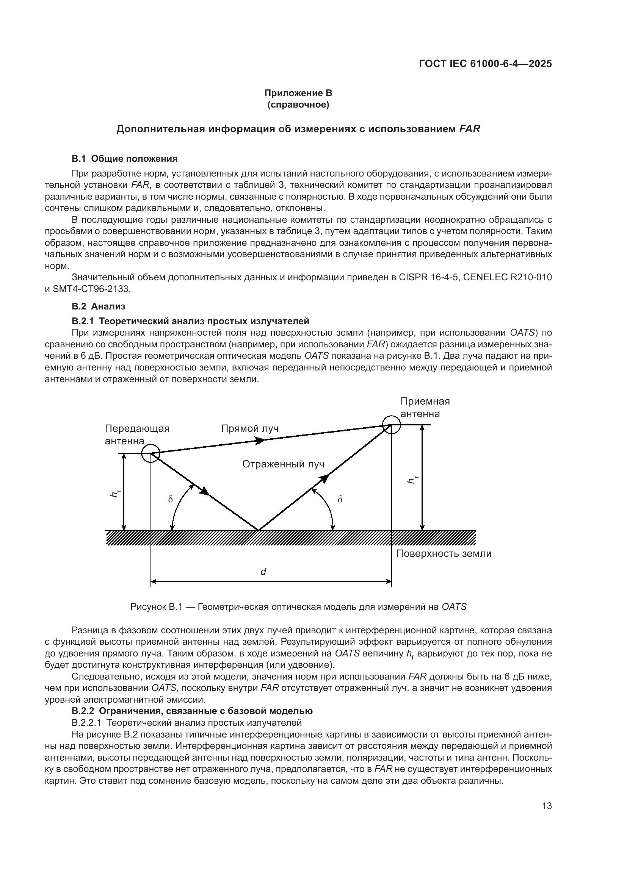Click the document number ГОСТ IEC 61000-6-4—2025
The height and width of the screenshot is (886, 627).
(485, 64)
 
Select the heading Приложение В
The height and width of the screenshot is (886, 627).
(298, 93)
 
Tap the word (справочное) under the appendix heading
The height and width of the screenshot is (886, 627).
(298, 105)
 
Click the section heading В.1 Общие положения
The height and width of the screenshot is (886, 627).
(124, 159)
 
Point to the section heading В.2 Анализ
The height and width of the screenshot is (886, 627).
(99, 306)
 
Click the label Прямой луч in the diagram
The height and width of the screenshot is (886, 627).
(250, 429)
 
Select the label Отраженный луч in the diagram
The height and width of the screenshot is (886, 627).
(284, 464)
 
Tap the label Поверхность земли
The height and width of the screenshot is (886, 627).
(444, 554)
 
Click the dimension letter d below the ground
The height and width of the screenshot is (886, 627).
(263, 572)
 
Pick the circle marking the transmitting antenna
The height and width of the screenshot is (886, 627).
(150, 453)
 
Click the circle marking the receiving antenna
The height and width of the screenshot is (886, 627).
(392, 425)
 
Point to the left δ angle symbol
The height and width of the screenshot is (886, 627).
(170, 499)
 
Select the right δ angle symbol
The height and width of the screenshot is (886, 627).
(340, 499)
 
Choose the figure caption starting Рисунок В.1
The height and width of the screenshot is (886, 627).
(298, 606)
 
